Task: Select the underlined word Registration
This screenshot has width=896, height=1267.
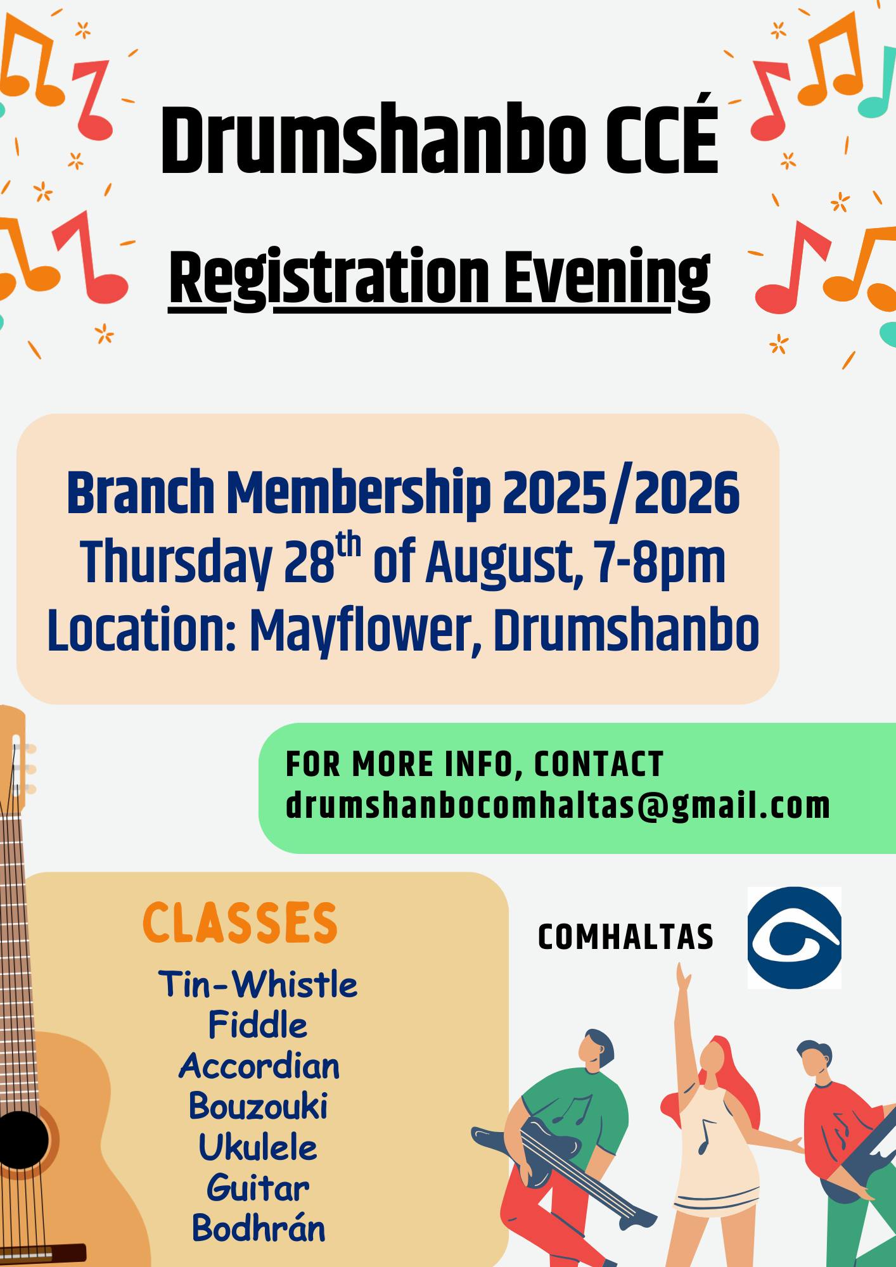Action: click(330, 279)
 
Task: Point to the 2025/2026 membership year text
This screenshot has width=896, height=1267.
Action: click(621, 493)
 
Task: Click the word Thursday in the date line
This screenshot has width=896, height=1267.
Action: click(176, 563)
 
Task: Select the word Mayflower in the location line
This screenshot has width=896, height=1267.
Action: click(360, 632)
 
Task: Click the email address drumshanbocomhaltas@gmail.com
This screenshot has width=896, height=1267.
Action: click(558, 806)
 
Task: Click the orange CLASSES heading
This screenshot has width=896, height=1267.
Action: click(240, 923)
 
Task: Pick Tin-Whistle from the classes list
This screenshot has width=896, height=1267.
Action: click(258, 984)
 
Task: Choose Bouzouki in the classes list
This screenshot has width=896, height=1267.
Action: click(258, 1106)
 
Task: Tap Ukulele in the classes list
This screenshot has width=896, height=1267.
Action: click(258, 1147)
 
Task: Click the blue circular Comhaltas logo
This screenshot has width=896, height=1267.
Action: click(795, 938)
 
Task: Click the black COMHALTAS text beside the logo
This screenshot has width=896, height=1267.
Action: click(625, 938)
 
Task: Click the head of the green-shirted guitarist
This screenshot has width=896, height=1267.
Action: click(596, 1048)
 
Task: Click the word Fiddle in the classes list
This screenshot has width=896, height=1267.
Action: click(258, 1025)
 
